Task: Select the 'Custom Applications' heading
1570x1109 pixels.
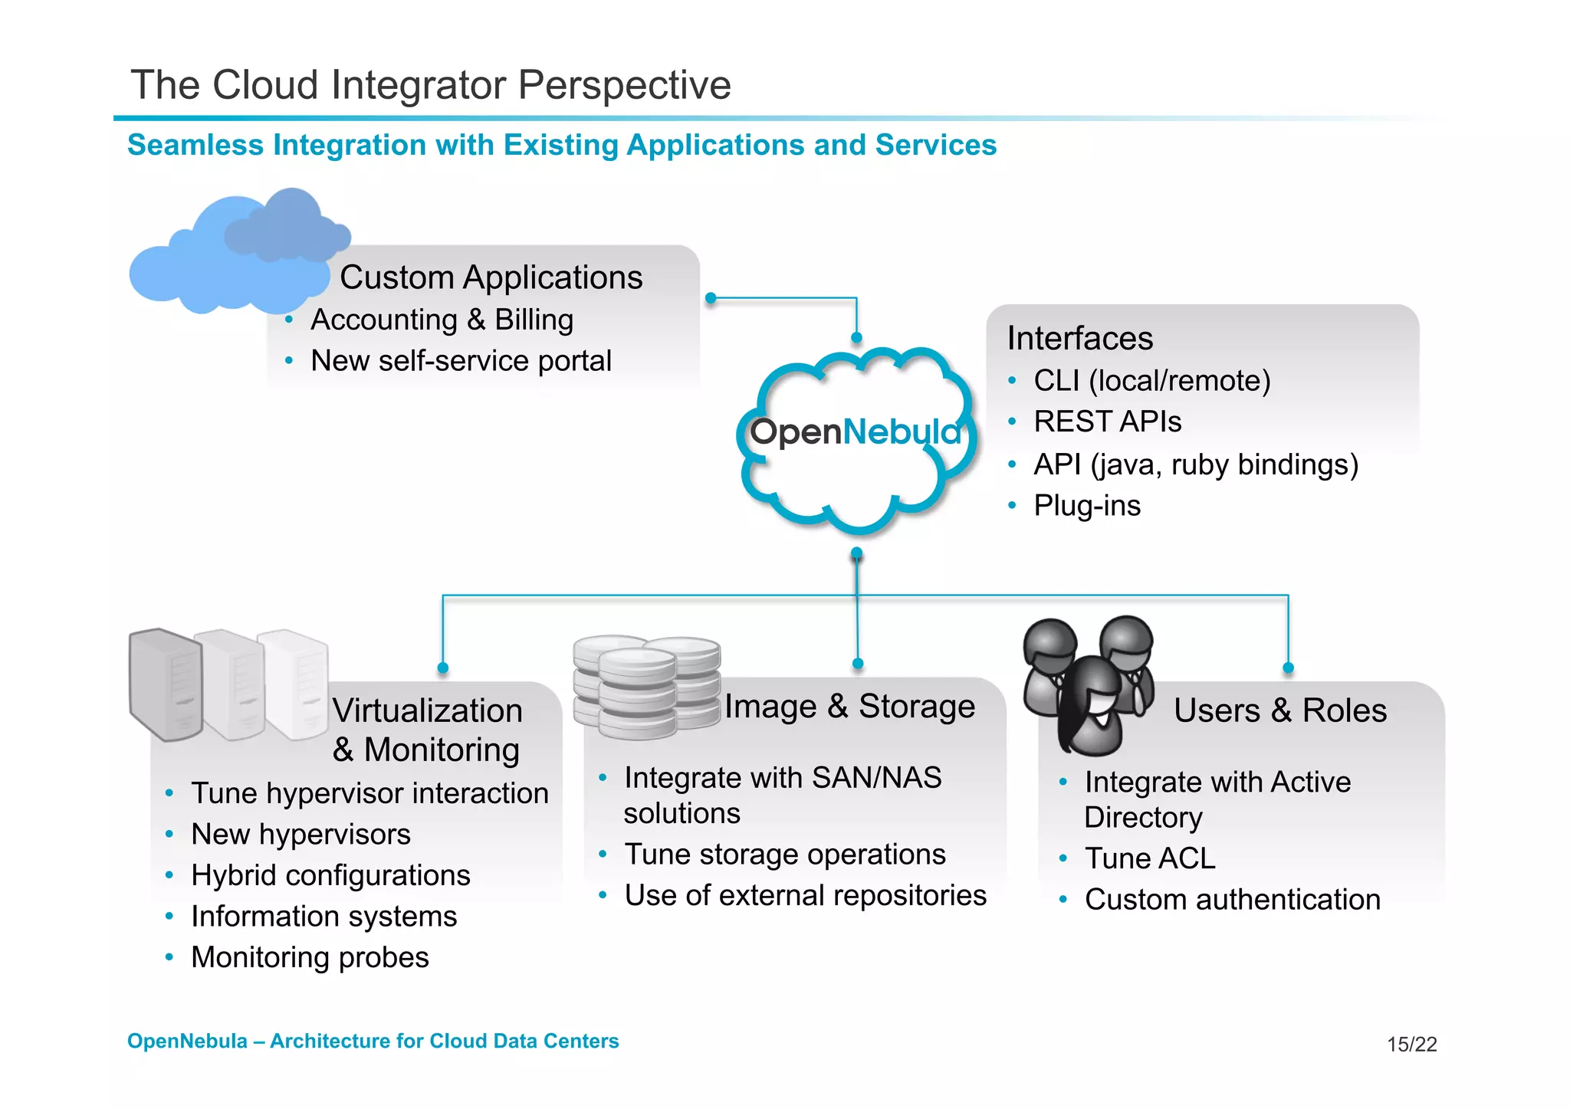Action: point(491,277)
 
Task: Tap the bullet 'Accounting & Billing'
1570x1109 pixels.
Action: point(442,320)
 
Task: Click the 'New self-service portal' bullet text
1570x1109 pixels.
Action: point(461,361)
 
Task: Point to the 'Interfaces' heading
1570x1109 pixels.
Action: point(1079,339)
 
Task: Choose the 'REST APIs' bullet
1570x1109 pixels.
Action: point(1107,422)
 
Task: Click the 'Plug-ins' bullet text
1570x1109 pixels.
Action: point(1086,506)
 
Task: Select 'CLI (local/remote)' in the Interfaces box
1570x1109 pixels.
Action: point(1151,381)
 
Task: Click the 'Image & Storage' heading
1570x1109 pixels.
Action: point(849,707)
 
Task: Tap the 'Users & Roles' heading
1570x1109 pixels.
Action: point(1279,710)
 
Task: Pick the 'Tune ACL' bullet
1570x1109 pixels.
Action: point(1150,858)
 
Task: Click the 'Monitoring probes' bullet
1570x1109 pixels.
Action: point(310,957)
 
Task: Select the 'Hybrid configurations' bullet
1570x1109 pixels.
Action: point(330,875)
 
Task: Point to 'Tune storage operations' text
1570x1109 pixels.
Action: point(785,855)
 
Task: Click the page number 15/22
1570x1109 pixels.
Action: point(1411,1045)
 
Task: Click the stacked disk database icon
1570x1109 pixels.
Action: point(646,686)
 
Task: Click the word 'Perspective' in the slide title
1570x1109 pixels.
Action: point(624,85)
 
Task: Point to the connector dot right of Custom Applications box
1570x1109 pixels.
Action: point(711,298)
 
